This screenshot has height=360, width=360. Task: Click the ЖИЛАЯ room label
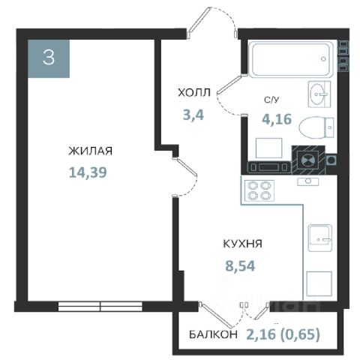coord(90,151)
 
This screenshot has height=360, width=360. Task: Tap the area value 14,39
coord(88,172)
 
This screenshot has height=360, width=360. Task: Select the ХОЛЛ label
coord(194,93)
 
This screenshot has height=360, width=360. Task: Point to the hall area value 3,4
coord(193,115)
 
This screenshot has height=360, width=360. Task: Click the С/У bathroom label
coord(271,100)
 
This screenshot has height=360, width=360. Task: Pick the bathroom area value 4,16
coord(277,119)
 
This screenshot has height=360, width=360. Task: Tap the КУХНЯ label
coord(242,244)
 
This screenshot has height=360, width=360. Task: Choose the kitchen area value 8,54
coord(240,265)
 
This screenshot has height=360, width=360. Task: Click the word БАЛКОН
coord(213,334)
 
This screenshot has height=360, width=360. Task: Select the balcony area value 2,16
coord(261,334)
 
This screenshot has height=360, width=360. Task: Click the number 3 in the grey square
coord(49,58)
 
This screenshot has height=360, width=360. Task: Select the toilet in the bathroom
coord(316,127)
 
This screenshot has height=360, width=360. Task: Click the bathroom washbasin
coord(319,94)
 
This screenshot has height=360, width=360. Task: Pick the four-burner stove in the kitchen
coord(259,190)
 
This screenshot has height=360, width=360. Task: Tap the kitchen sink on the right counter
coord(319,238)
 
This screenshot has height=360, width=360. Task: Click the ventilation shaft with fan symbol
coord(308,160)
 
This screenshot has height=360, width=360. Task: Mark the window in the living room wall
coord(100,306)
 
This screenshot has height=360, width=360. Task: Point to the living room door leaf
coord(186,166)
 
